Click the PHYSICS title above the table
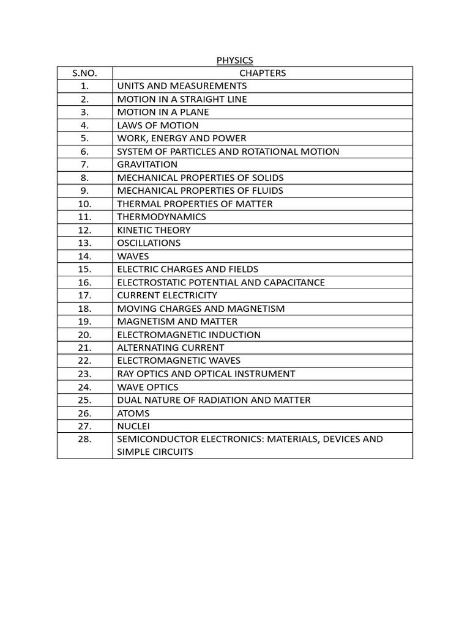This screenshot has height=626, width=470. tap(234, 60)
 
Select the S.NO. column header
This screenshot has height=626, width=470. tap(84, 73)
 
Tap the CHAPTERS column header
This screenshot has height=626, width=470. tap(263, 73)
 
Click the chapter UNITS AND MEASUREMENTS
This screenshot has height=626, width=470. tap(182, 86)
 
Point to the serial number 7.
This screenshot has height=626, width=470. tap(84, 164)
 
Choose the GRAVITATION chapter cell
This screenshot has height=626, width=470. tap(147, 164)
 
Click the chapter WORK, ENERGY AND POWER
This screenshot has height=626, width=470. tap(182, 138)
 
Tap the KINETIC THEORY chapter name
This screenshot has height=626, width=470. tap(154, 230)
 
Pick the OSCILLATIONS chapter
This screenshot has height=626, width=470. tap(149, 243)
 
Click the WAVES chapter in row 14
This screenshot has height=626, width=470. tap(133, 256)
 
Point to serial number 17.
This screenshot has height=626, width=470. tap(84, 295)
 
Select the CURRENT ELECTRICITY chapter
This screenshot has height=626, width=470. tap(167, 295)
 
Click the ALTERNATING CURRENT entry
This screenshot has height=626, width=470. tap(171, 348)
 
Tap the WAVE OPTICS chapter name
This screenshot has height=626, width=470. tap(148, 387)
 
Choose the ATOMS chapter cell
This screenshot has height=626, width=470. tap(133, 413)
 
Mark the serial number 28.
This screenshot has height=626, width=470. tap(84, 439)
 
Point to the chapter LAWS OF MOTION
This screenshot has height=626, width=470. tap(158, 125)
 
